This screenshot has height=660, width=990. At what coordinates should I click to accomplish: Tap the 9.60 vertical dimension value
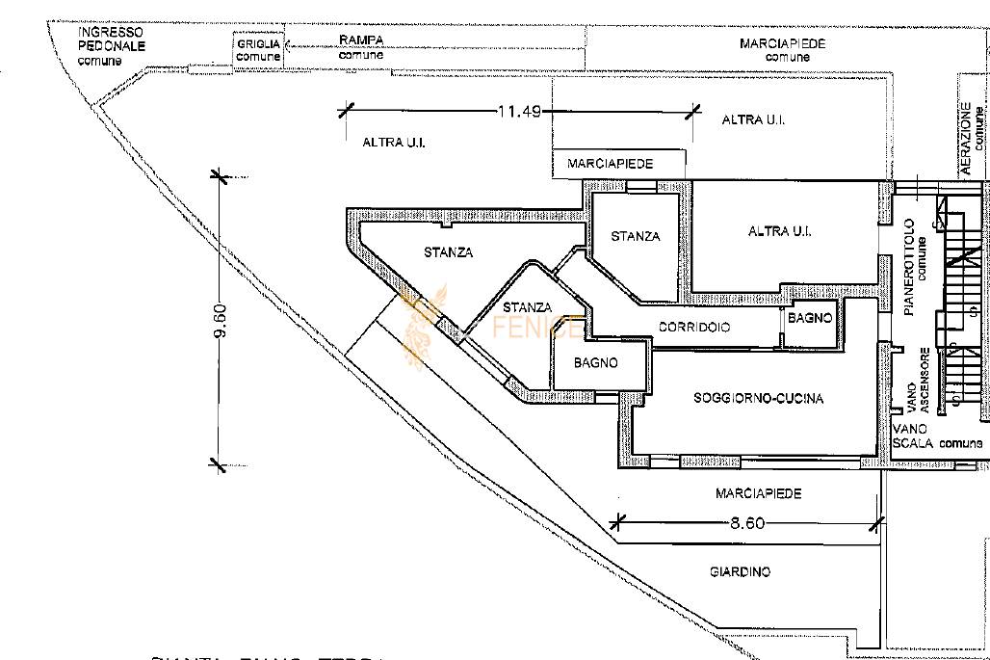pyautogui.click(x=220, y=321)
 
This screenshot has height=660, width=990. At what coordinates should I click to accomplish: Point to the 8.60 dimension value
pyautogui.click(x=746, y=523)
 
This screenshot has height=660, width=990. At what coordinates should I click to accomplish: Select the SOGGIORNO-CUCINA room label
pyautogui.click(x=758, y=398)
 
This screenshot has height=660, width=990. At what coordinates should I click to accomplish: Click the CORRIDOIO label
pyautogui.click(x=693, y=328)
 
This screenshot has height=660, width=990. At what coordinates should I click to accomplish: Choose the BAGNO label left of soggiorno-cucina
pyautogui.click(x=595, y=363)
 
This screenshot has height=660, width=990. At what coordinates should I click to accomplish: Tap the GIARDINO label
pyautogui.click(x=740, y=572)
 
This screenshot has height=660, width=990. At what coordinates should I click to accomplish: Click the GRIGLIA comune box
pyautogui.click(x=258, y=50)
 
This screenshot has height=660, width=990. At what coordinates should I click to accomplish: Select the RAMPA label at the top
pyautogui.click(x=361, y=40)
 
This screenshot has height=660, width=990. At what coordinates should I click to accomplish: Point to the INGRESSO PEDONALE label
pyautogui.click(x=111, y=39)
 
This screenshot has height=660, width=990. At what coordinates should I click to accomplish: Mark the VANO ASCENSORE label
pyautogui.click(x=917, y=380)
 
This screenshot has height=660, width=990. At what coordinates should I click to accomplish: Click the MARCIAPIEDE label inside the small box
pyautogui.click(x=610, y=164)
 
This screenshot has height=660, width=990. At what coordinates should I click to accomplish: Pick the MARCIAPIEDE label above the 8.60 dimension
pyautogui.click(x=758, y=493)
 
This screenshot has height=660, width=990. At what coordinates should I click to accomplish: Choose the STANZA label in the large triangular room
pyautogui.click(x=448, y=252)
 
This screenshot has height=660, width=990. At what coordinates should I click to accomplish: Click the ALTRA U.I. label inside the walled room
pyautogui.click(x=779, y=231)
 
